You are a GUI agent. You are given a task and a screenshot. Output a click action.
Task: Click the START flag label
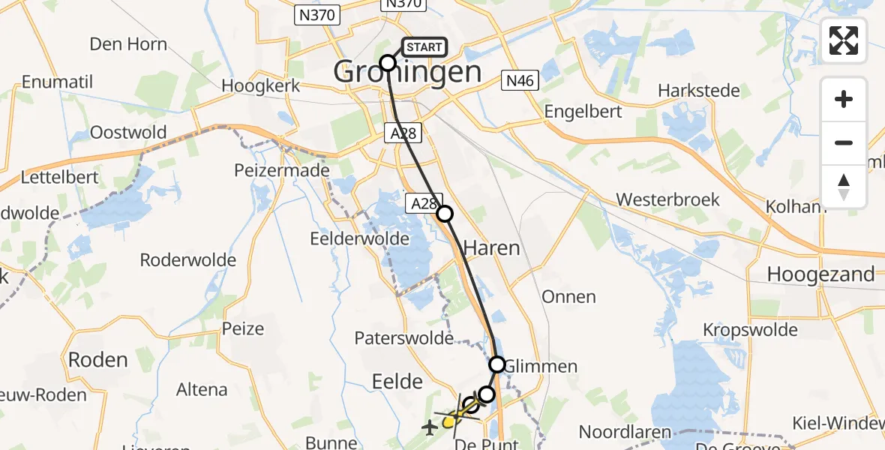pyautogui.click(x=424, y=47)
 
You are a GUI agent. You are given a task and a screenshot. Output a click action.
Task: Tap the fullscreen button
pyautogui.click(x=844, y=40)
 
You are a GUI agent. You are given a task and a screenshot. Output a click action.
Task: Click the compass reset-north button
pyautogui.click(x=844, y=187)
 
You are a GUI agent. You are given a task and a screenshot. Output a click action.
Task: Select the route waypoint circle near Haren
pyautogui.click(x=445, y=214)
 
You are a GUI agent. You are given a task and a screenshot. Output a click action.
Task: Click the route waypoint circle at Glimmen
pyautogui.click(x=497, y=364)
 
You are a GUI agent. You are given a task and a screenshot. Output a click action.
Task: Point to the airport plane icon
pyautogui.click(x=430, y=428)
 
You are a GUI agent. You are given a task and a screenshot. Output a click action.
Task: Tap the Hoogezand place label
pyautogui.click(x=820, y=274)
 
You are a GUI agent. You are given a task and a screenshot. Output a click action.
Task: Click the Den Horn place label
pyautogui.click(x=128, y=44)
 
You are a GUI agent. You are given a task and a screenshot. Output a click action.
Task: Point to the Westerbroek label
pyautogui.click(x=667, y=200)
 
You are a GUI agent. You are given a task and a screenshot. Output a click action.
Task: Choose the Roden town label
pyautogui.click(x=98, y=360)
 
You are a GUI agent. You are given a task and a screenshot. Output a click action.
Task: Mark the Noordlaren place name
pyautogui.click(x=629, y=432)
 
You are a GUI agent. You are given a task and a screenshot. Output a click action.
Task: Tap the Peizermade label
pyautogui.click(x=282, y=171)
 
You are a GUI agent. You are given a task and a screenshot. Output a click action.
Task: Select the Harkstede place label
pyautogui.click(x=698, y=91)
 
